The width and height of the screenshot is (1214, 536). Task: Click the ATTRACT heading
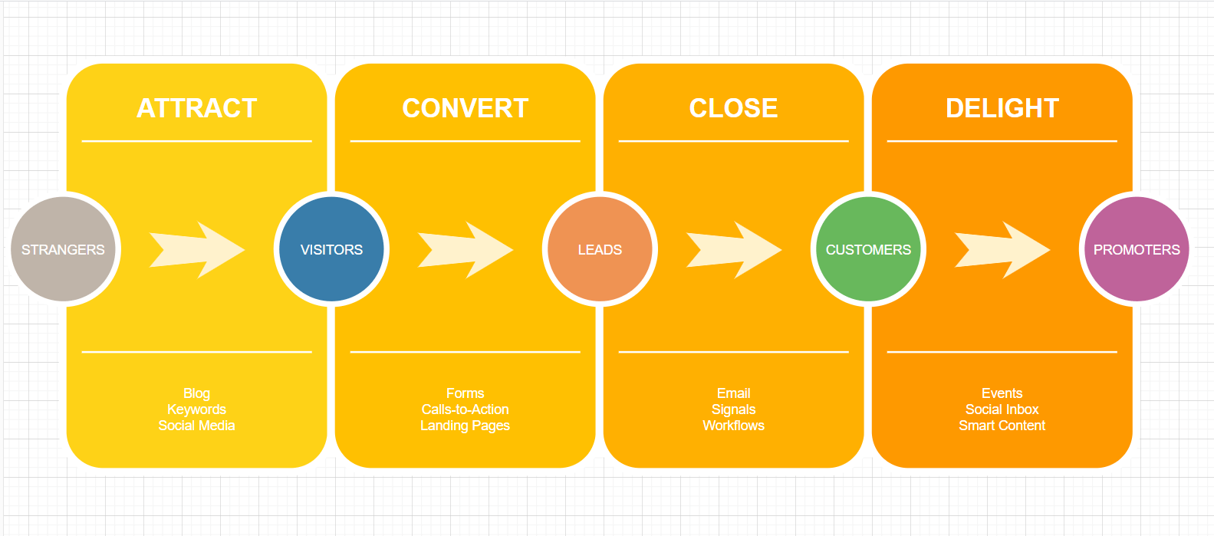pos(196,108)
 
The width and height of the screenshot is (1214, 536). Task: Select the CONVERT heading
pos(465,108)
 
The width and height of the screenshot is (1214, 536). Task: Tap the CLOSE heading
pos(733,108)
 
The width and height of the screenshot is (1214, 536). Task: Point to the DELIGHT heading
pos(1002,108)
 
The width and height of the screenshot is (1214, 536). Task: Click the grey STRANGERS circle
pos(63,249)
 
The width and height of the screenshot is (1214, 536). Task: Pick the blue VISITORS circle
pos(331,249)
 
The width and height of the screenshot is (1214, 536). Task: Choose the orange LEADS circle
pos(600,249)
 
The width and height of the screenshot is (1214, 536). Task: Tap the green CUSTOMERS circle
pos(868,249)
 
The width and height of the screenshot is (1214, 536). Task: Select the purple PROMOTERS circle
pos(1137,249)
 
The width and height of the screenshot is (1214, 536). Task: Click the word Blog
pos(196,393)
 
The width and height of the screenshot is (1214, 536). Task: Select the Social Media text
pos(196,426)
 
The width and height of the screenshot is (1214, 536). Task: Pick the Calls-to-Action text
pos(465,409)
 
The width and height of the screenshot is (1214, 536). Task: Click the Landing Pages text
pos(465,426)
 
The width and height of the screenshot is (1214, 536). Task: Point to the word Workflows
pos(733,426)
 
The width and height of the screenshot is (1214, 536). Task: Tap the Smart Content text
pos(1002,426)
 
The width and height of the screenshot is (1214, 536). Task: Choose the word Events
pos(1002,393)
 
